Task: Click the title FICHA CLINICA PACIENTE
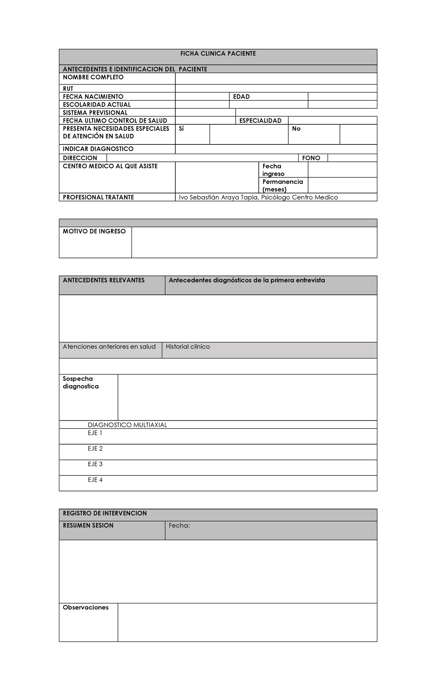(218, 54)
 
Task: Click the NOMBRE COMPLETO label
(93, 77)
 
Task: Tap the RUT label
(68, 89)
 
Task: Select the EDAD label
(241, 97)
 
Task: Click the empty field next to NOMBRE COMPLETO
(276, 79)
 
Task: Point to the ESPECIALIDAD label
(260, 121)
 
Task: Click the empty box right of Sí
(249, 135)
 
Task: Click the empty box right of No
(358, 135)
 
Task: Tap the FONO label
(311, 158)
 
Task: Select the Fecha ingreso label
(273, 170)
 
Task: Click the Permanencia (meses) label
(283, 185)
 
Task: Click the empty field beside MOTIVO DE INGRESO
(254, 242)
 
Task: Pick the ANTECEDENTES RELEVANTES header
(104, 280)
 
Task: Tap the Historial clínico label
(188, 347)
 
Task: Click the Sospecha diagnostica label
(81, 383)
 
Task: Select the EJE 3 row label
(95, 464)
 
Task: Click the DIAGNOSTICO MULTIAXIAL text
(127, 425)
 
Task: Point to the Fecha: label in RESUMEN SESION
(179, 526)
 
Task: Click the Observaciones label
(86, 608)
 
